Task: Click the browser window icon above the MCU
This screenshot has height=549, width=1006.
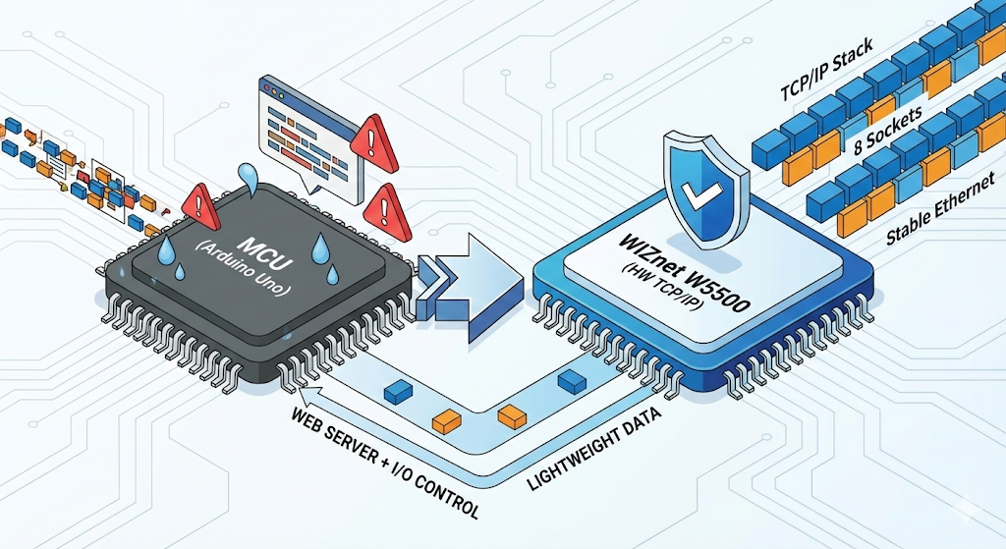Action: click(x=304, y=124)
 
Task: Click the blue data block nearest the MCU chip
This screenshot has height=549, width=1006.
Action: click(x=397, y=391)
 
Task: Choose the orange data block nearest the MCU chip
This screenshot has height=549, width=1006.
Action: click(x=447, y=421)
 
